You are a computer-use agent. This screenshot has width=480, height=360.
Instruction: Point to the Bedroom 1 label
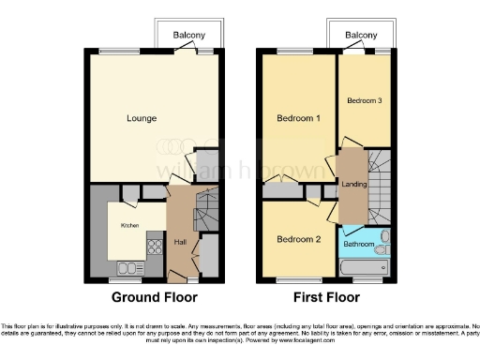(x=298, y=118)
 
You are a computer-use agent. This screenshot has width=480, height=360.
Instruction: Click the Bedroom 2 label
(x=298, y=238)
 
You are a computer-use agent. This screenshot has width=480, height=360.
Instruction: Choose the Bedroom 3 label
(x=364, y=100)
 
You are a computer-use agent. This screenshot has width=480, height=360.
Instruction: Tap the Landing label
(x=353, y=184)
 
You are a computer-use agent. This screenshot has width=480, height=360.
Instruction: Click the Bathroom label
(x=358, y=244)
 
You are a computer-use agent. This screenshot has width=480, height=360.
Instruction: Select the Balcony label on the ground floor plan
(x=189, y=36)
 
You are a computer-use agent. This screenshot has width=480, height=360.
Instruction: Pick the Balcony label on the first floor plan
(x=361, y=36)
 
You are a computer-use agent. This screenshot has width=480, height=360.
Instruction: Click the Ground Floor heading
(x=155, y=298)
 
